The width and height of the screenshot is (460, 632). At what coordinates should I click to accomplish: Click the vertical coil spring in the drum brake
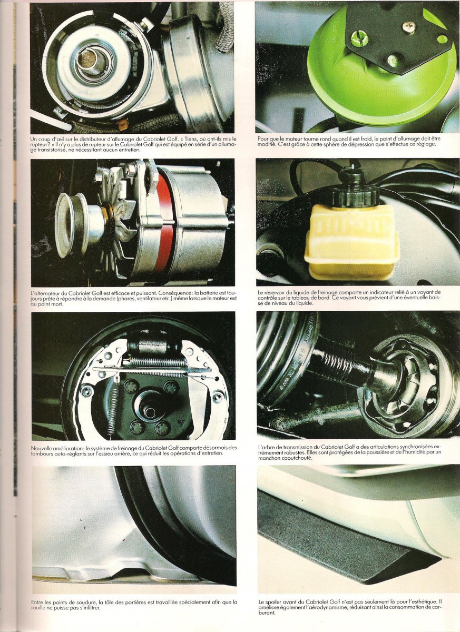click(x=113, y=405)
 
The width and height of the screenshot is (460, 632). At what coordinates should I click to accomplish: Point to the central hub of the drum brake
click(x=148, y=406)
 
